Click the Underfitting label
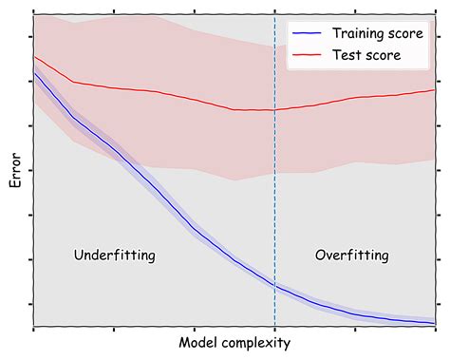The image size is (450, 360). [x=114, y=256]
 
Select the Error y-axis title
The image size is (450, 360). [x=15, y=172]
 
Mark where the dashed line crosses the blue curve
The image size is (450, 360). [x=275, y=286]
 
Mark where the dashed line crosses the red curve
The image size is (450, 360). [x=275, y=109]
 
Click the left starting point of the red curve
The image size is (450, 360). [x=34, y=57]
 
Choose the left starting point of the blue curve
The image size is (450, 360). [x=34, y=72]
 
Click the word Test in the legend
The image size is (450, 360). [x=347, y=56]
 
